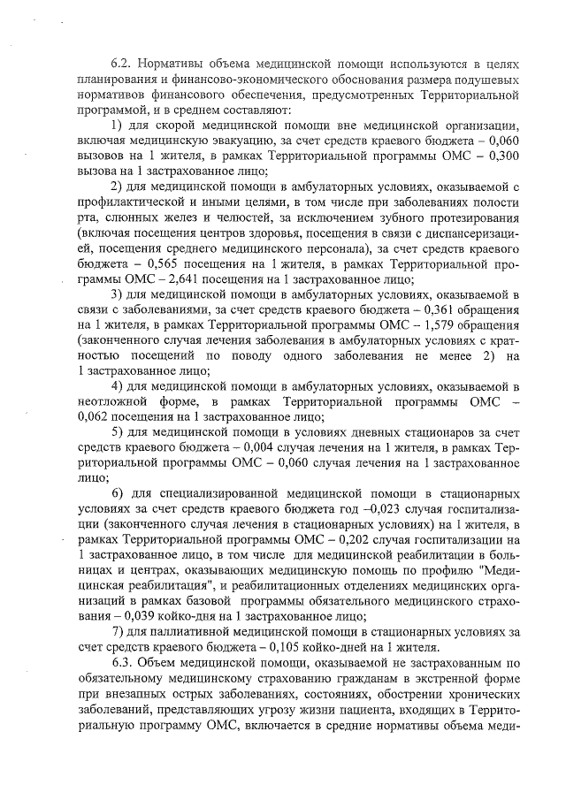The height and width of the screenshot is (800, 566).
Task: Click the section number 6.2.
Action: click(x=123, y=65)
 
